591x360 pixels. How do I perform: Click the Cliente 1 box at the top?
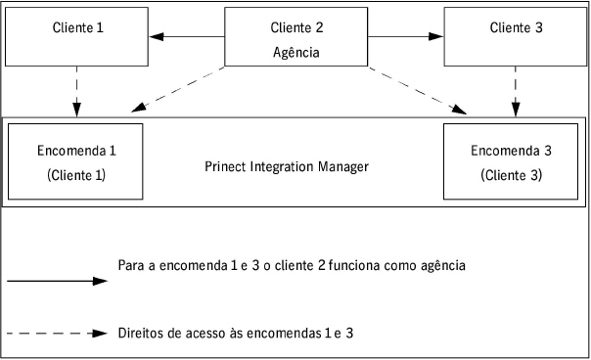pos(78,35)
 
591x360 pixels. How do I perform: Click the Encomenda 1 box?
pos(76,162)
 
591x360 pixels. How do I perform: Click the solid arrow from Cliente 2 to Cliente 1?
pos(191,38)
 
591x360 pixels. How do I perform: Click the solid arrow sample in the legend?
pos(56,281)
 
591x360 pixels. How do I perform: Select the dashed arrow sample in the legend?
pos(56,334)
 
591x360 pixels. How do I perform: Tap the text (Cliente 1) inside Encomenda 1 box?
pos(76,176)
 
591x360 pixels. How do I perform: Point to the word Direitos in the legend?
pos(140,334)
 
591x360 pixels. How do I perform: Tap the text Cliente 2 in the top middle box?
pos(296,29)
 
